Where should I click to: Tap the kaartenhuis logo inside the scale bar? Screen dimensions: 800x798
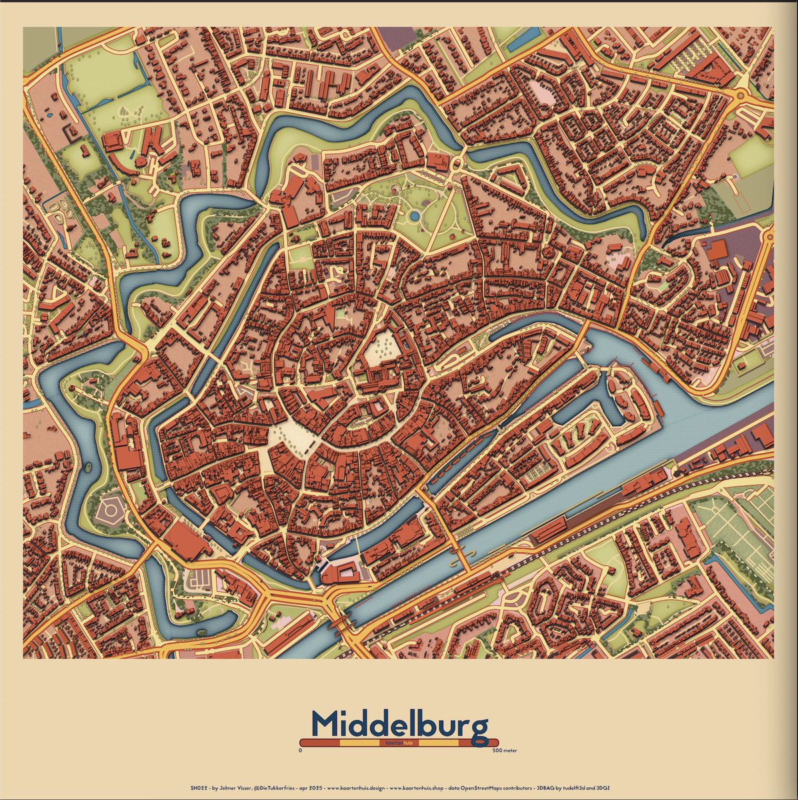(399, 743)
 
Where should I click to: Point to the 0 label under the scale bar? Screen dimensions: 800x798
(301, 751)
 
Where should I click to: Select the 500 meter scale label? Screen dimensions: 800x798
(505, 751)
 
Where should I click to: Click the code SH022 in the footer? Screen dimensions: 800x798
(198, 787)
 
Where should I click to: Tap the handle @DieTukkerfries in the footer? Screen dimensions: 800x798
(275, 787)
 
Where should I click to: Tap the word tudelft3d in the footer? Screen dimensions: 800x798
(573, 787)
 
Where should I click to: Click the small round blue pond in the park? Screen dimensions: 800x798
(415, 215)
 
